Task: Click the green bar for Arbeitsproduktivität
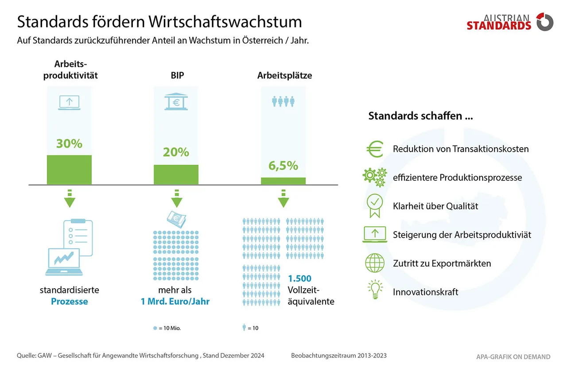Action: tap(69, 169)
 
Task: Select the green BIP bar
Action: tap(176, 174)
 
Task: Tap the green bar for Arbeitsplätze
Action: tap(283, 181)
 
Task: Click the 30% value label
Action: tap(69, 144)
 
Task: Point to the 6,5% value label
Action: tap(283, 166)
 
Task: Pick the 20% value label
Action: tap(176, 152)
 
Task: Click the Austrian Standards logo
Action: tap(509, 22)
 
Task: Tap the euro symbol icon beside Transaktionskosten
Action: tap(374, 149)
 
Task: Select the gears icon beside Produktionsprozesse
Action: tap(374, 177)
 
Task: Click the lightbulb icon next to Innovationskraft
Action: tap(375, 290)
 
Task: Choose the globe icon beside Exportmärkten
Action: tap(374, 263)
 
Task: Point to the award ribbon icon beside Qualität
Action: tap(374, 206)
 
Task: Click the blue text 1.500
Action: tap(300, 279)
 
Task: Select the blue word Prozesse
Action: tap(69, 302)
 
